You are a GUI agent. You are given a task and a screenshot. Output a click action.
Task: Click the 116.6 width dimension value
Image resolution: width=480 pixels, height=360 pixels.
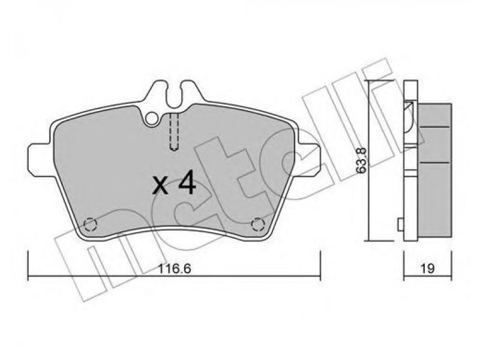175,269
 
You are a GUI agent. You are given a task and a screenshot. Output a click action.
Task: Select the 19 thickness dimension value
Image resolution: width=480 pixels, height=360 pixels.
427,268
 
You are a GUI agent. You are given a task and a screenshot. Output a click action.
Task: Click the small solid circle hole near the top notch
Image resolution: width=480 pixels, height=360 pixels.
152,118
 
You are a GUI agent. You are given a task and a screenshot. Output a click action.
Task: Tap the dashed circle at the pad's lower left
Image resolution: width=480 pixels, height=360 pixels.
91,224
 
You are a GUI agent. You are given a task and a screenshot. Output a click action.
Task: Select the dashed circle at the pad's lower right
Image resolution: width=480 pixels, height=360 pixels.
257,224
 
